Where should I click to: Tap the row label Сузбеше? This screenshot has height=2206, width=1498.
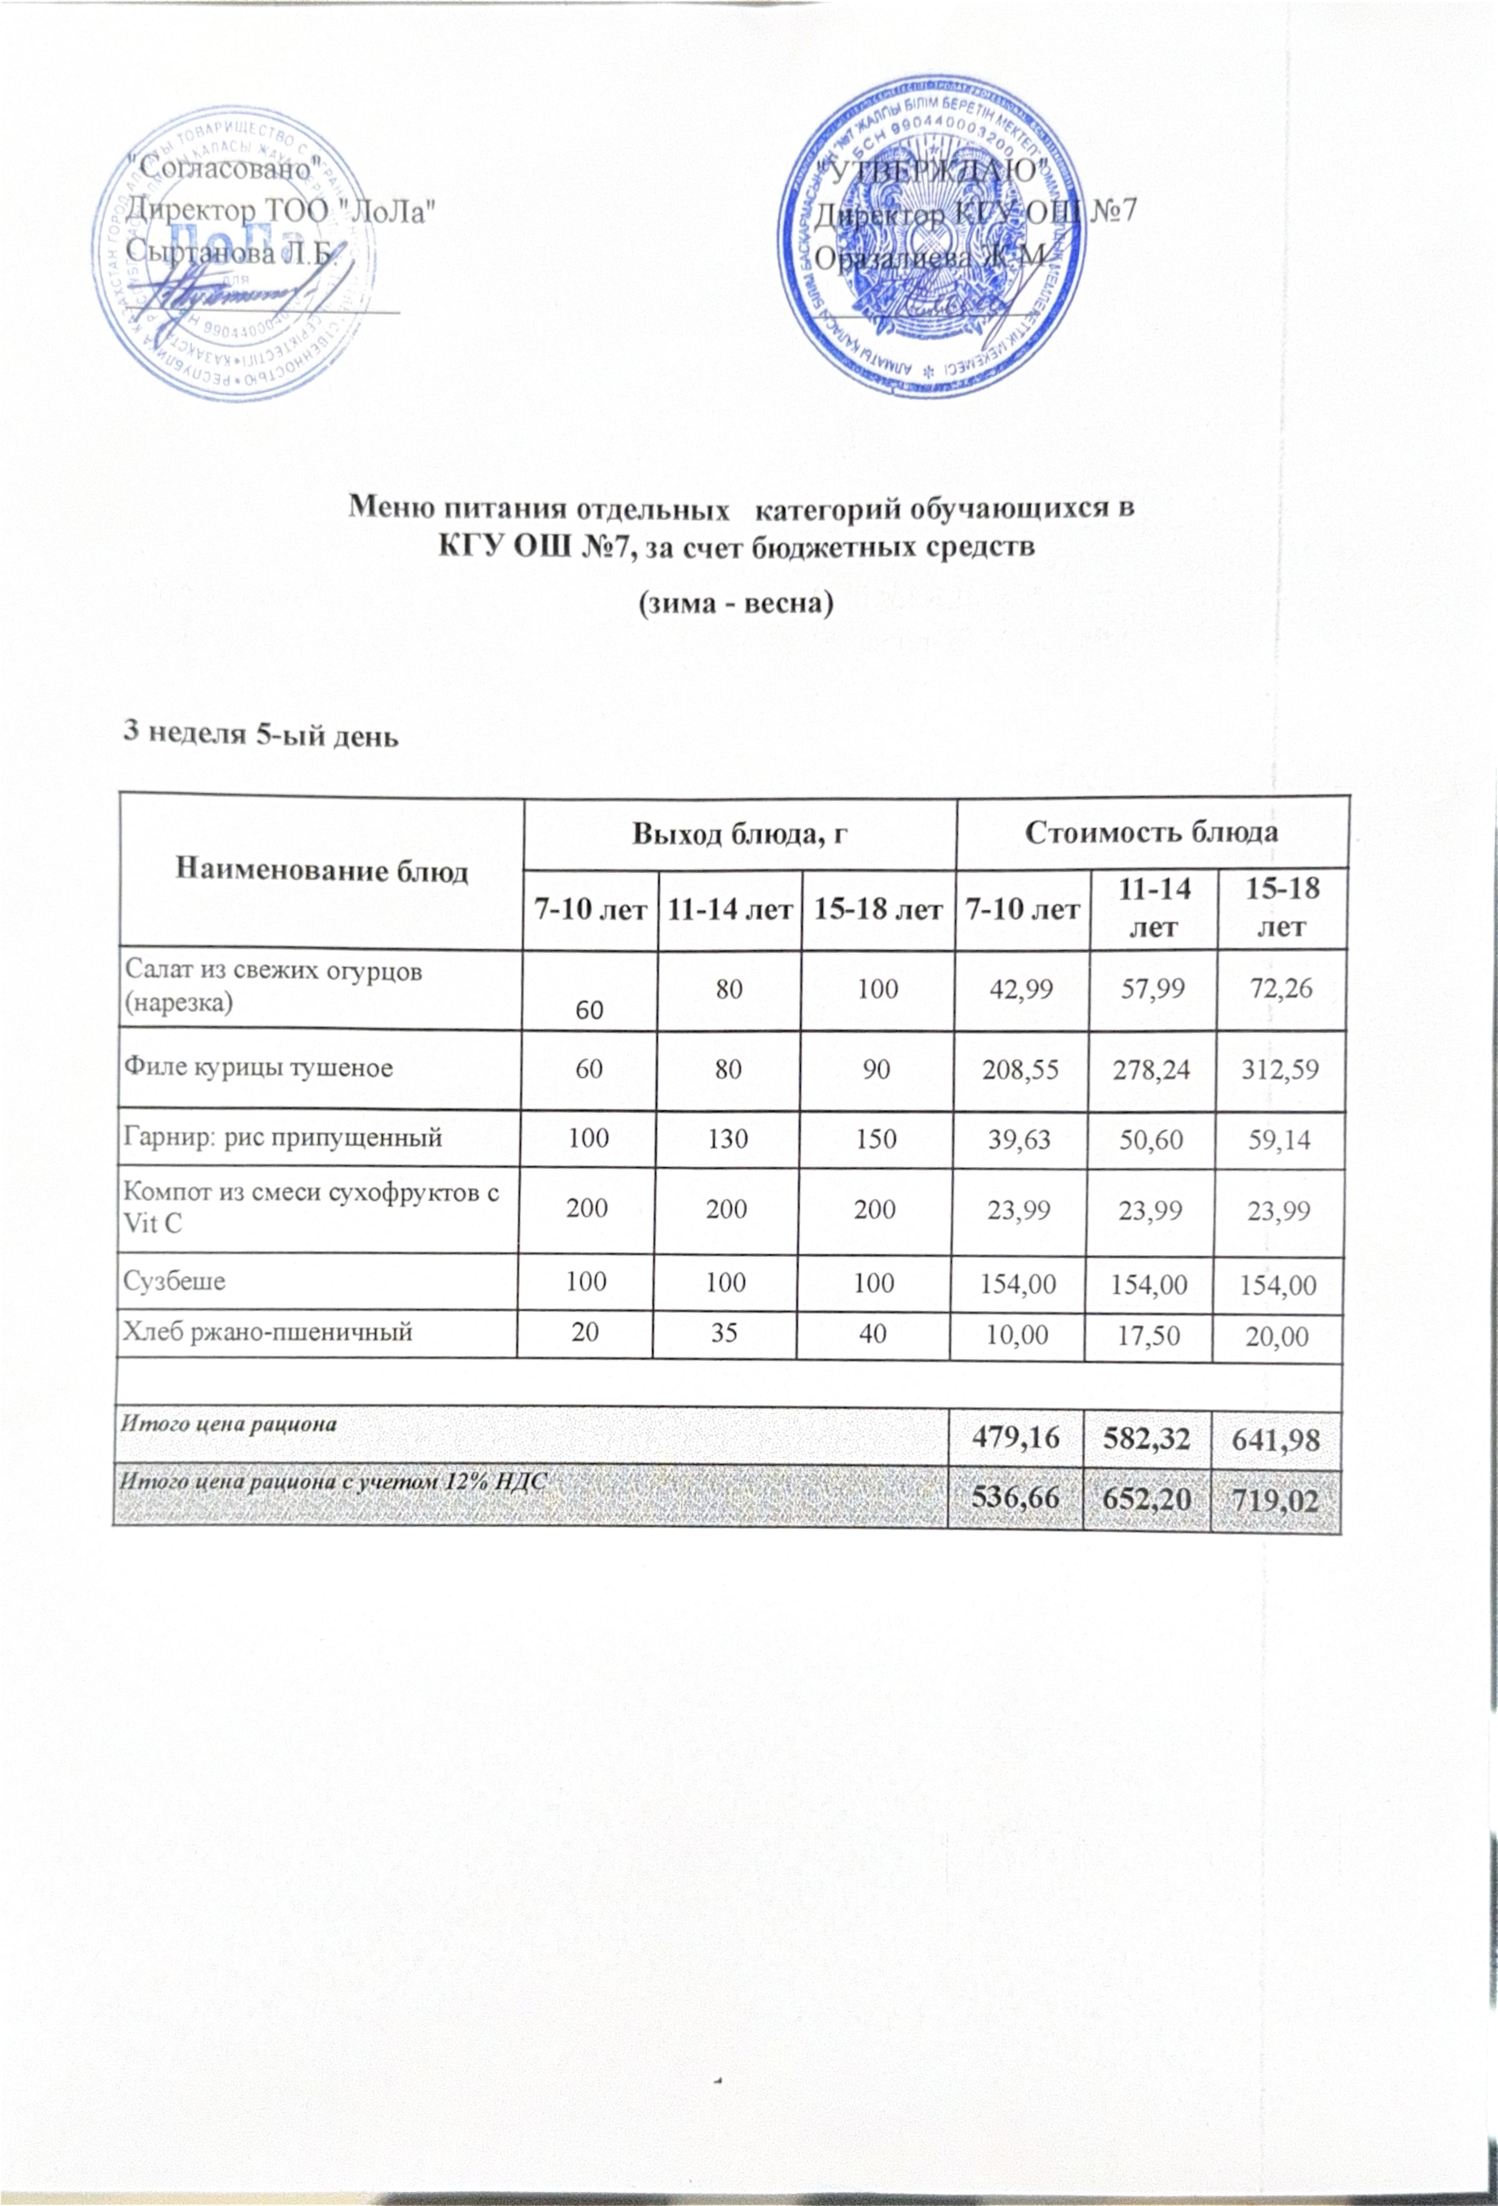coord(176,1282)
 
